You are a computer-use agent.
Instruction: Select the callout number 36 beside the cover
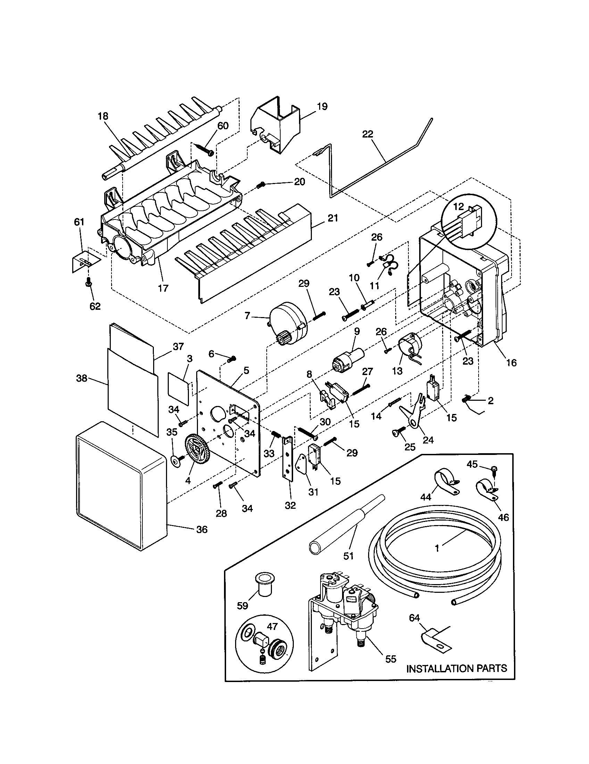(x=202, y=530)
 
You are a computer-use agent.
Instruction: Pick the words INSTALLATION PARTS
(x=456, y=668)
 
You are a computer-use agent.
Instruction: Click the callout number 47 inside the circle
(x=272, y=626)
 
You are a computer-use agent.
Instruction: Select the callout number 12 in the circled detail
(x=458, y=206)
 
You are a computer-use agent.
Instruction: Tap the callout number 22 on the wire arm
(x=367, y=134)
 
